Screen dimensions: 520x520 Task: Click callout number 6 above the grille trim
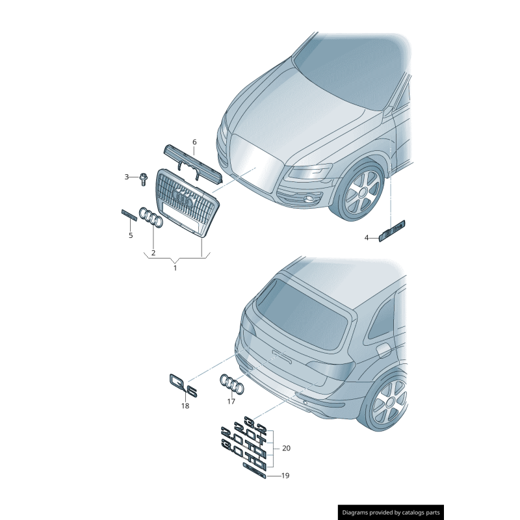(194, 142)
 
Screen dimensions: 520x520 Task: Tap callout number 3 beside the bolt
(127, 176)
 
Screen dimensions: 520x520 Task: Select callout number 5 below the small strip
(131, 235)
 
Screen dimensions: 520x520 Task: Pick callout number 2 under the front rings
(153, 252)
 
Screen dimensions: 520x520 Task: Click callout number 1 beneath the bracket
(175, 267)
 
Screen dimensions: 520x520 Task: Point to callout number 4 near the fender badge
(366, 238)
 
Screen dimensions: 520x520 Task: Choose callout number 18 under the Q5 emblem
(185, 406)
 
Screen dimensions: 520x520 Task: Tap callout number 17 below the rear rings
(231, 401)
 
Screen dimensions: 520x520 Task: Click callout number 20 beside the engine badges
(286, 448)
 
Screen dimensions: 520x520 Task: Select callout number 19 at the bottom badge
(285, 476)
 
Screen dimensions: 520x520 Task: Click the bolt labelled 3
(143, 177)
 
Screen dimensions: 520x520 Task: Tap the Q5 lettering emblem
(183, 385)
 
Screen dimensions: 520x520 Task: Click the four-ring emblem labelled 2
(151, 218)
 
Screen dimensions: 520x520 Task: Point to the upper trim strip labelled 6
(192, 162)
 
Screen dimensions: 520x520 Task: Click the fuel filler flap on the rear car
(383, 350)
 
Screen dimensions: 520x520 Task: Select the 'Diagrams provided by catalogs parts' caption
(391, 512)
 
